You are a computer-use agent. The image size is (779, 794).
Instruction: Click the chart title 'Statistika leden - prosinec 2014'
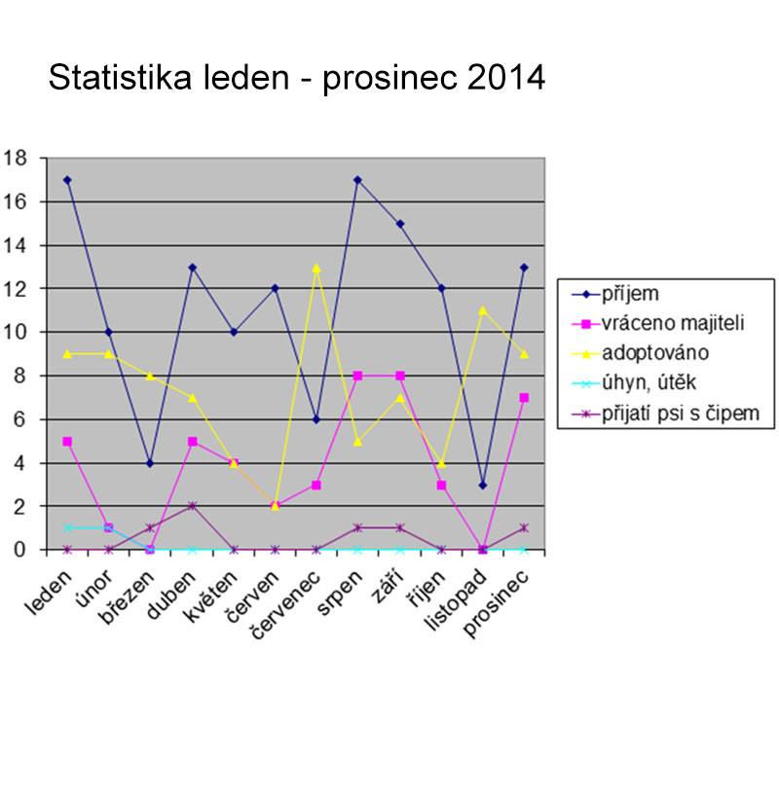[x=297, y=77]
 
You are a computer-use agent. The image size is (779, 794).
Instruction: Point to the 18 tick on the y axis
[x=16, y=158]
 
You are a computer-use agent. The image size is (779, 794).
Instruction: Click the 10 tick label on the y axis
[x=16, y=332]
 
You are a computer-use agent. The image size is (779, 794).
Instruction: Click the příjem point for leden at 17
[x=67, y=180]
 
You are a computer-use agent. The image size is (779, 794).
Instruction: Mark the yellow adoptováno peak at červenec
[x=316, y=267]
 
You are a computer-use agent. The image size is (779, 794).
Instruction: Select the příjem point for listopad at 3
[x=483, y=485]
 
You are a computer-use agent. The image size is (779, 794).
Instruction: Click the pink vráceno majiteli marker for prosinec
[x=524, y=397]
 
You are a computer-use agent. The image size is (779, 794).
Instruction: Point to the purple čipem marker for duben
[x=192, y=506]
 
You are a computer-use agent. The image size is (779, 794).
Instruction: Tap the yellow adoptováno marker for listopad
[x=483, y=310]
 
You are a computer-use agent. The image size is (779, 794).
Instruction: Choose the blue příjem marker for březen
[x=150, y=463]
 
